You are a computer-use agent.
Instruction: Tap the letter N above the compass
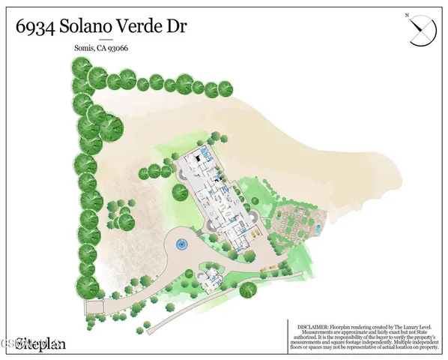pos(406,15)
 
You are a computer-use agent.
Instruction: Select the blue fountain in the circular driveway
pos(180,244)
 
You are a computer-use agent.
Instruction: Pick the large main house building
pos(217,199)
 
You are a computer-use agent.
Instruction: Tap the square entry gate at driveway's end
pos(95,307)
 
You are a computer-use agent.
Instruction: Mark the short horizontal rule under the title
pos(106,39)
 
